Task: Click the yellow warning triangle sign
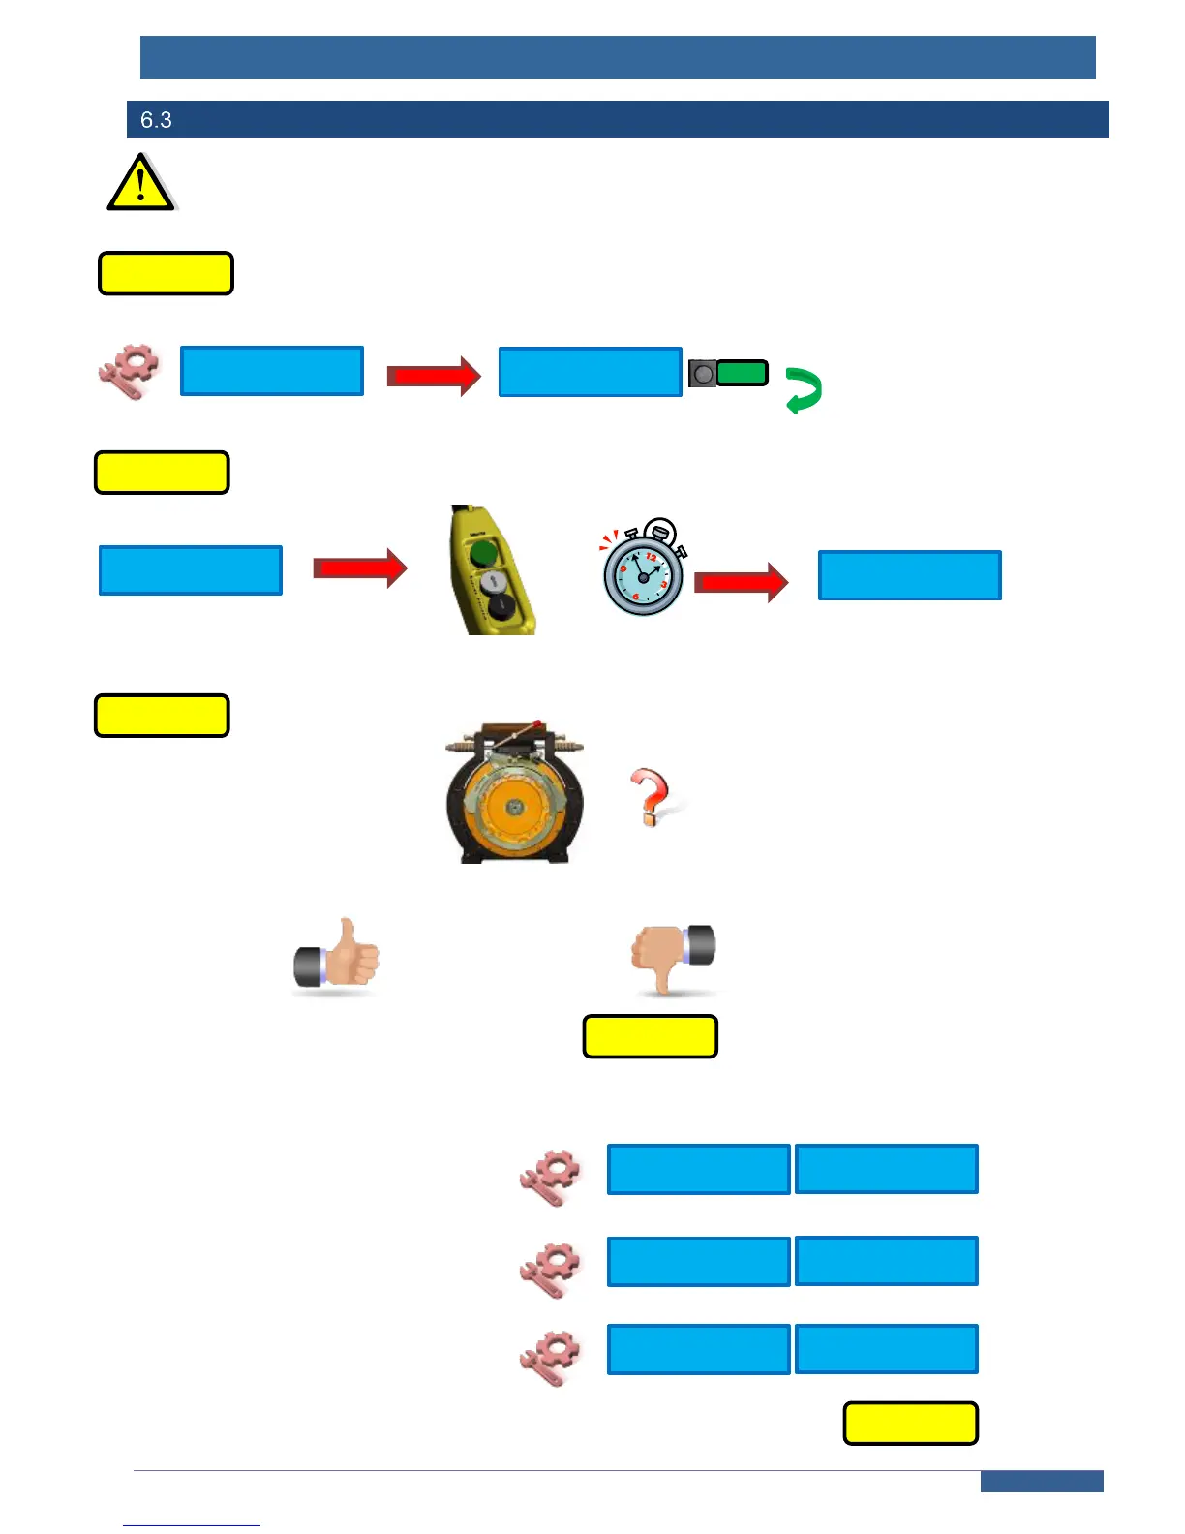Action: tap(141, 183)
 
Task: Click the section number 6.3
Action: tap(156, 120)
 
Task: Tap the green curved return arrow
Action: tap(804, 390)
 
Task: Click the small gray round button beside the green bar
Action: tap(704, 373)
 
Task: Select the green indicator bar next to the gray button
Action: tap(743, 373)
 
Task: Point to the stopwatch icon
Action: tap(644, 570)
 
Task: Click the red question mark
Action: tap(650, 796)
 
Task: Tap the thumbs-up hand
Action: tap(337, 956)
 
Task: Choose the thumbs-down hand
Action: tap(673, 956)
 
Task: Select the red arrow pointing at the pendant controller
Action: tap(360, 568)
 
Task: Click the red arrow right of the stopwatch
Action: tap(742, 582)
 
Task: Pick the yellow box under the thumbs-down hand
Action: tap(651, 1036)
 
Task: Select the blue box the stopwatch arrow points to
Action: tap(910, 575)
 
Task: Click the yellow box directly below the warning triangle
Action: tap(167, 273)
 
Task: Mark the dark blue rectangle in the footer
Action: tap(1042, 1482)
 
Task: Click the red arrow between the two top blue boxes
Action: tap(434, 376)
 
